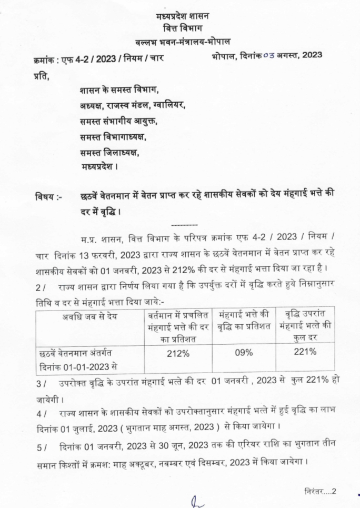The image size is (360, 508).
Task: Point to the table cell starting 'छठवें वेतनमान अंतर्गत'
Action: (77, 353)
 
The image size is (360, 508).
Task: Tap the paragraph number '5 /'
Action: (42, 447)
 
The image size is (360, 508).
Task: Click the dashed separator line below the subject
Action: (184, 224)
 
